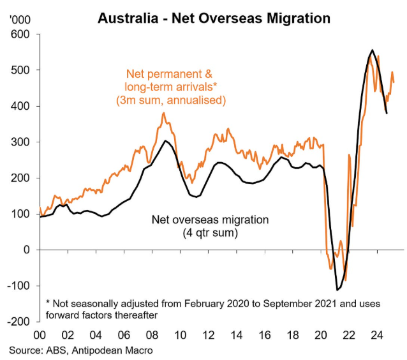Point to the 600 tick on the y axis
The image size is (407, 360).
22,34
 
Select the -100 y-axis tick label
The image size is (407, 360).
20,286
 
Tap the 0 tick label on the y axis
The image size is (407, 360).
27,250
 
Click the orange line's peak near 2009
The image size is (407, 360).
163,114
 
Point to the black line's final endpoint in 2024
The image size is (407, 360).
387,113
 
